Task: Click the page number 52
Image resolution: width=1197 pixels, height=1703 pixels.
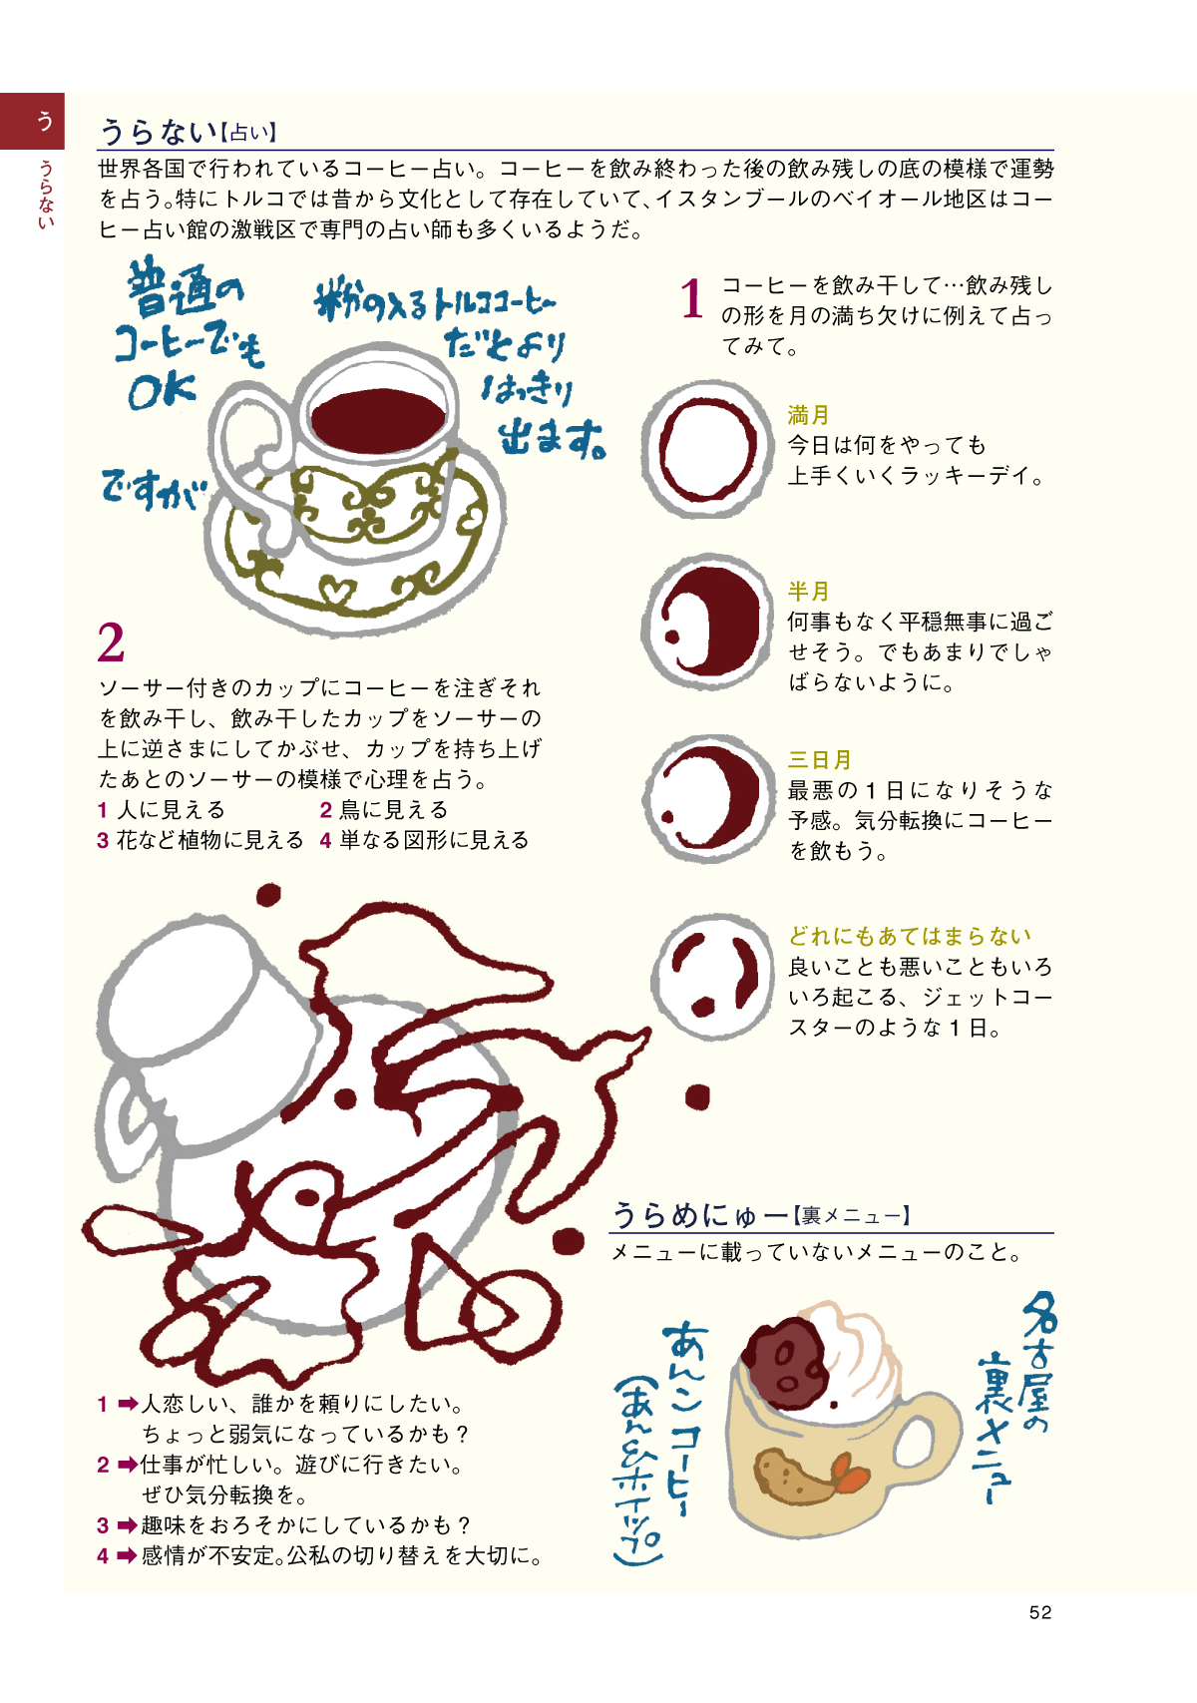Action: click(x=1039, y=1613)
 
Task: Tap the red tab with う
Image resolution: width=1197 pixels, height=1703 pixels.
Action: click(x=32, y=121)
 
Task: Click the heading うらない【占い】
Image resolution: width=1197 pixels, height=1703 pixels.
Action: click(x=188, y=132)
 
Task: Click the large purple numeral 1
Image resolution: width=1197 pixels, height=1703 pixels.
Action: click(x=691, y=298)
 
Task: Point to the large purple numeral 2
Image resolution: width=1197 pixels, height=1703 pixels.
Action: click(x=111, y=643)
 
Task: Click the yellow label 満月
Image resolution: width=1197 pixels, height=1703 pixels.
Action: click(x=808, y=415)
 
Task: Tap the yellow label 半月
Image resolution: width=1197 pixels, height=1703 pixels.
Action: click(x=808, y=591)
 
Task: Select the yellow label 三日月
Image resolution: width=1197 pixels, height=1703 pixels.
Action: click(x=819, y=759)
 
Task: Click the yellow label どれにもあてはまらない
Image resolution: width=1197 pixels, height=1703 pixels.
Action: click(x=910, y=936)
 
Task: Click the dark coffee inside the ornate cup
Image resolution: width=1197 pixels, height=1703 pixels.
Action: click(x=378, y=420)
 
